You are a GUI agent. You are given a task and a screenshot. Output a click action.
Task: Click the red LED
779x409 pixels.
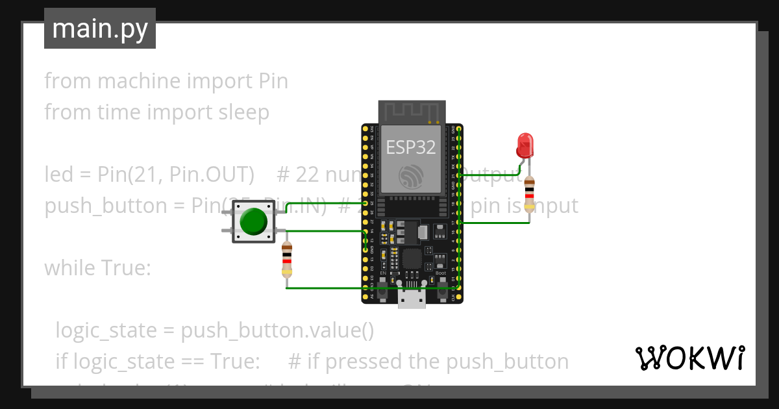click(x=524, y=145)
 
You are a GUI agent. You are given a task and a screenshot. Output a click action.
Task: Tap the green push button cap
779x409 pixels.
click(x=253, y=222)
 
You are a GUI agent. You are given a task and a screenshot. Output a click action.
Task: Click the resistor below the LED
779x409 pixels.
click(x=530, y=193)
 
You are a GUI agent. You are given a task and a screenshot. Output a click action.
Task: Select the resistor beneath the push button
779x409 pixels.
click(x=287, y=260)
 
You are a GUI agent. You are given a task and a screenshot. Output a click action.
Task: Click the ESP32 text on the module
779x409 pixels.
click(x=411, y=147)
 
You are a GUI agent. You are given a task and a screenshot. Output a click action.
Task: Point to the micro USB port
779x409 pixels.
click(x=412, y=299)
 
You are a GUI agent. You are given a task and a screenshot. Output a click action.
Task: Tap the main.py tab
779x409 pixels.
click(x=100, y=29)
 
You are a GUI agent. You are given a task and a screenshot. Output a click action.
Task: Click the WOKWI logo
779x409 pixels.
click(x=689, y=358)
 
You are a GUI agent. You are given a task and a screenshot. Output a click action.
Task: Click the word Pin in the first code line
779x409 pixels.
click(x=273, y=81)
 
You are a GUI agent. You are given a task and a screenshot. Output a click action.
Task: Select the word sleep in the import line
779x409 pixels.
click(x=243, y=112)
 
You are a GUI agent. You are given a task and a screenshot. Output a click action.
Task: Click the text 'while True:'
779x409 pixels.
click(x=97, y=267)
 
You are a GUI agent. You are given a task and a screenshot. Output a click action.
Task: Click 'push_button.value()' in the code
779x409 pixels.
click(x=277, y=330)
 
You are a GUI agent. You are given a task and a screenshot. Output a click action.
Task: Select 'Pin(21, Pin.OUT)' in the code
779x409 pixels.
click(x=175, y=175)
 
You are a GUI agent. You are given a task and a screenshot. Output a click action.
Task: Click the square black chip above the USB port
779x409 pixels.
click(x=412, y=259)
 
